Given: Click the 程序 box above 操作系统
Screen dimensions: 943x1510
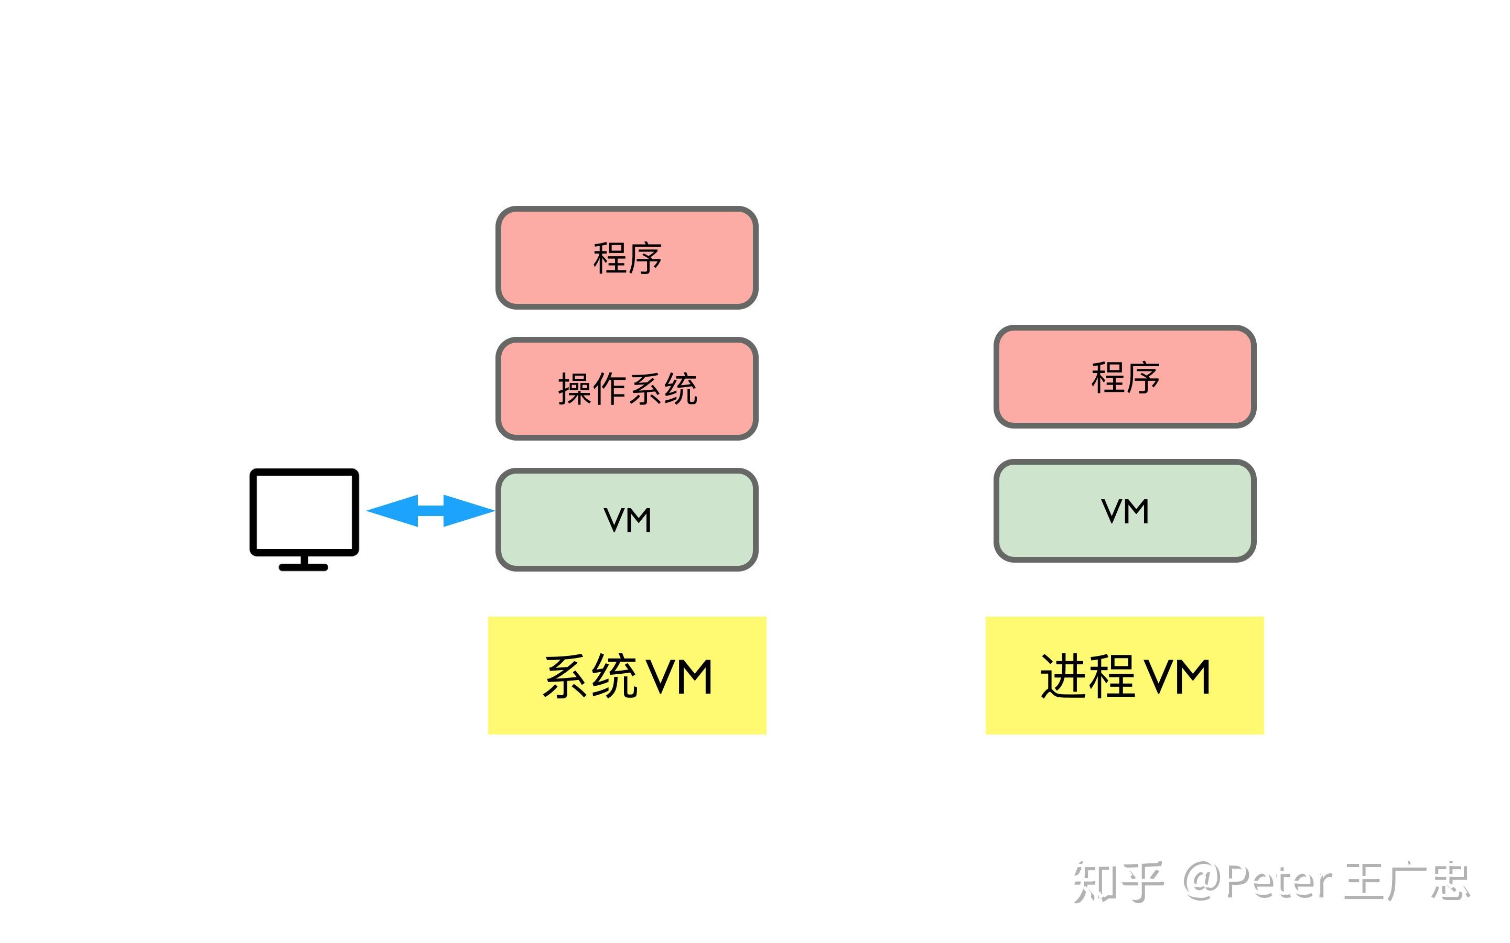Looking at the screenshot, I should point(627,258).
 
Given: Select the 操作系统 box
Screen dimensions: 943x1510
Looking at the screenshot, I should point(627,389).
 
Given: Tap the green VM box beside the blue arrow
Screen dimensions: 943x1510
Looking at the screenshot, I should point(627,520).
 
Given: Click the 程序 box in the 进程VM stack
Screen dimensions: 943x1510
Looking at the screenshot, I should point(1125,377).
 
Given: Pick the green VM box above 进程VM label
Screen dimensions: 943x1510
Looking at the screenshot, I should point(1125,511).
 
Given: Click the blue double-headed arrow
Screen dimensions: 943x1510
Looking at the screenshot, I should point(430,511).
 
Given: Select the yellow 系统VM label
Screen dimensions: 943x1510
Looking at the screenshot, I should point(627,675).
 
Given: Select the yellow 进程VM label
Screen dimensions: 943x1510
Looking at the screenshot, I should point(1125,675).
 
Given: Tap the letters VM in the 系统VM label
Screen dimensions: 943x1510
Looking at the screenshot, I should point(679,677).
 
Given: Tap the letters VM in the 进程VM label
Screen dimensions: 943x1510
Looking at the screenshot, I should point(1177,677).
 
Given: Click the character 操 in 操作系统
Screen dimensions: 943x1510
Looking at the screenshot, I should point(574,389).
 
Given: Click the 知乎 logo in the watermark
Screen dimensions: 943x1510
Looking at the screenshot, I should point(1117,881).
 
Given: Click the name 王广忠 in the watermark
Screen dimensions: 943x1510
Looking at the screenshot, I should point(1407,881).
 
